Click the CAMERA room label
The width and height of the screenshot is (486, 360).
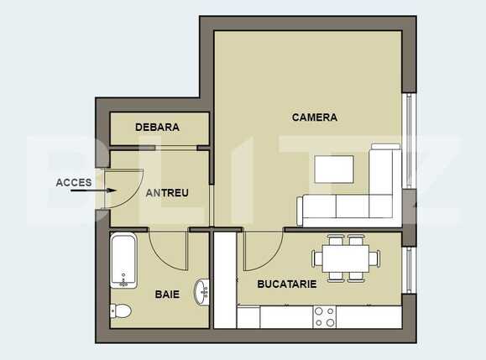[x=315, y=117]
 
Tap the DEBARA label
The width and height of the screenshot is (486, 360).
[x=157, y=128]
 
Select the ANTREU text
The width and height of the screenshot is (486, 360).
[x=167, y=193]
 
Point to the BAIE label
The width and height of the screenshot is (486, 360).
[x=167, y=295]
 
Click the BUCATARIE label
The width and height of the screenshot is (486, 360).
[x=287, y=284]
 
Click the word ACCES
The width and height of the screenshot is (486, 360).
[x=74, y=182]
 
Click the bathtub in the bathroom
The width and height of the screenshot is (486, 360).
[x=123, y=261]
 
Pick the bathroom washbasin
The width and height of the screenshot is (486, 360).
[x=201, y=291]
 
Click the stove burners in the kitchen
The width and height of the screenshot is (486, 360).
[x=323, y=316]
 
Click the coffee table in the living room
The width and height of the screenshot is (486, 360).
[x=334, y=170]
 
